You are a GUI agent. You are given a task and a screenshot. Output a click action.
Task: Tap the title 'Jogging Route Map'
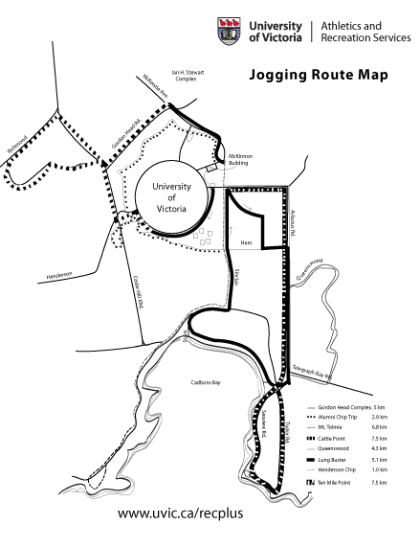pos(319,74)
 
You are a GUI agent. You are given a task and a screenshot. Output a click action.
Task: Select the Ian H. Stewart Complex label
pos(185,77)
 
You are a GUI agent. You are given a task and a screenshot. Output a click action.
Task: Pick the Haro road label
pos(245,241)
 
